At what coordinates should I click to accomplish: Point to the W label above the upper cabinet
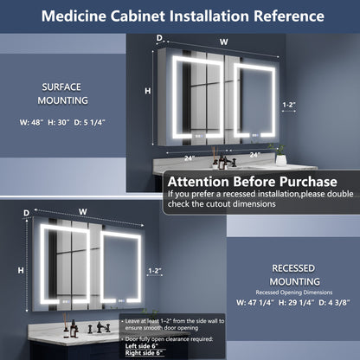224,41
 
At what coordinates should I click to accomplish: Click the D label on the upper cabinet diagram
158,37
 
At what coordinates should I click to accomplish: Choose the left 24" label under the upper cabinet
189,157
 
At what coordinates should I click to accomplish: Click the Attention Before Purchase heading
252,183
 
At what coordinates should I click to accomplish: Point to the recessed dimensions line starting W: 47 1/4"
292,303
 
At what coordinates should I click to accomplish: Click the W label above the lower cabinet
83,210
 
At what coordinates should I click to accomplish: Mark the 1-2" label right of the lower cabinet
155,271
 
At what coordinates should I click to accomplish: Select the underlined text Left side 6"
145,345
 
